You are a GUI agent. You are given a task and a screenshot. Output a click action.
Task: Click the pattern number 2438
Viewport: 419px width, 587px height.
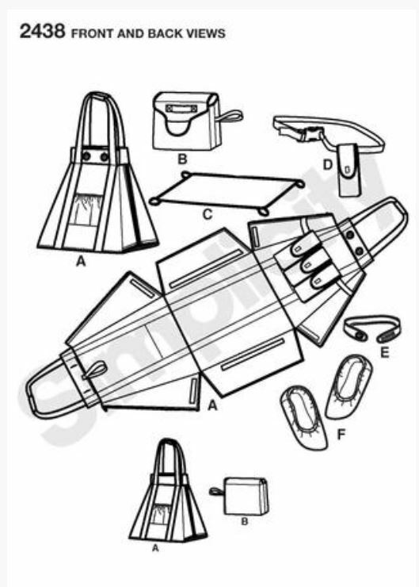tap(42, 31)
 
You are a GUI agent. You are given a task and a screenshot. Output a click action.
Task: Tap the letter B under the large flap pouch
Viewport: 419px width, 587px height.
tap(182, 159)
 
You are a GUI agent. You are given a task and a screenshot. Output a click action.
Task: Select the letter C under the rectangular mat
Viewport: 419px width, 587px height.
tap(208, 214)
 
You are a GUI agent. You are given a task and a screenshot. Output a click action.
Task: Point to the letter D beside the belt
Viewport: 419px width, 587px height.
tap(327, 164)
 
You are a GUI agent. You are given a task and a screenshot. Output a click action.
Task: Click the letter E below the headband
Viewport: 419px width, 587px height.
tap(384, 353)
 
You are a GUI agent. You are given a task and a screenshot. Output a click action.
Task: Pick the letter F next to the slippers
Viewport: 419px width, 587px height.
tap(341, 435)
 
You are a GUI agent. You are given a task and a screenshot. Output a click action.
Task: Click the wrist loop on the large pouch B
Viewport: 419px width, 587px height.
tap(230, 117)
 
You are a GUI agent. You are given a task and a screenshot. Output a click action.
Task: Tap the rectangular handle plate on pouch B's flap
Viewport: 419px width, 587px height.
tap(181, 109)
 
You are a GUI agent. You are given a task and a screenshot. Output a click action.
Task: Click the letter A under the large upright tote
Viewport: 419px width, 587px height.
tap(81, 261)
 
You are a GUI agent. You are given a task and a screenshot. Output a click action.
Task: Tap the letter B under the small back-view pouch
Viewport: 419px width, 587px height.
tap(245, 521)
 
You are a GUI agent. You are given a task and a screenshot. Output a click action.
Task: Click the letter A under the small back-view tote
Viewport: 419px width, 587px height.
tap(155, 548)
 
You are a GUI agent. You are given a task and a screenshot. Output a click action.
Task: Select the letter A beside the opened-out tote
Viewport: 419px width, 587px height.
tap(212, 405)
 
